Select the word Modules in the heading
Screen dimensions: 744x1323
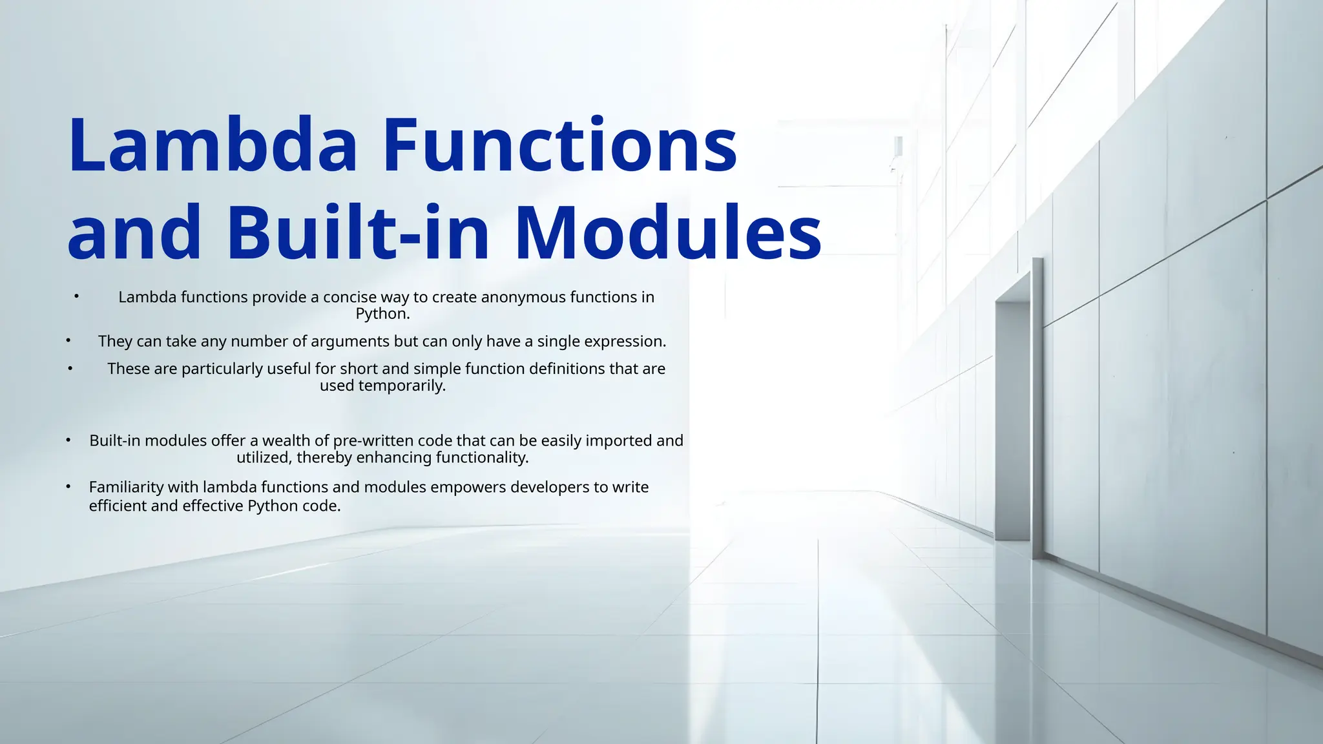pos(669,232)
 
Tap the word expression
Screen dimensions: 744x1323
pos(625,342)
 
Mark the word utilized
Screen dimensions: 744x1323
pos(264,458)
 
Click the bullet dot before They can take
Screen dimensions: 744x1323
pos(68,340)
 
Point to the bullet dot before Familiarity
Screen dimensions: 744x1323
pos(68,486)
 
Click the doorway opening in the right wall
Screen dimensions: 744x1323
pos(1012,420)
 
